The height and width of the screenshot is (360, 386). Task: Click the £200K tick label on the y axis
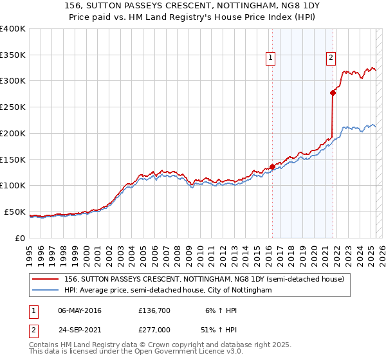[13, 133]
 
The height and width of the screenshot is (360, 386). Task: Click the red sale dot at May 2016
[272, 166]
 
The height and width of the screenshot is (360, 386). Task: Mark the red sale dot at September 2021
[333, 93]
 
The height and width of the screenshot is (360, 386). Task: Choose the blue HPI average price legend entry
[168, 291]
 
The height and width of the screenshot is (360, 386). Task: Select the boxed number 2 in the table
[33, 330]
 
